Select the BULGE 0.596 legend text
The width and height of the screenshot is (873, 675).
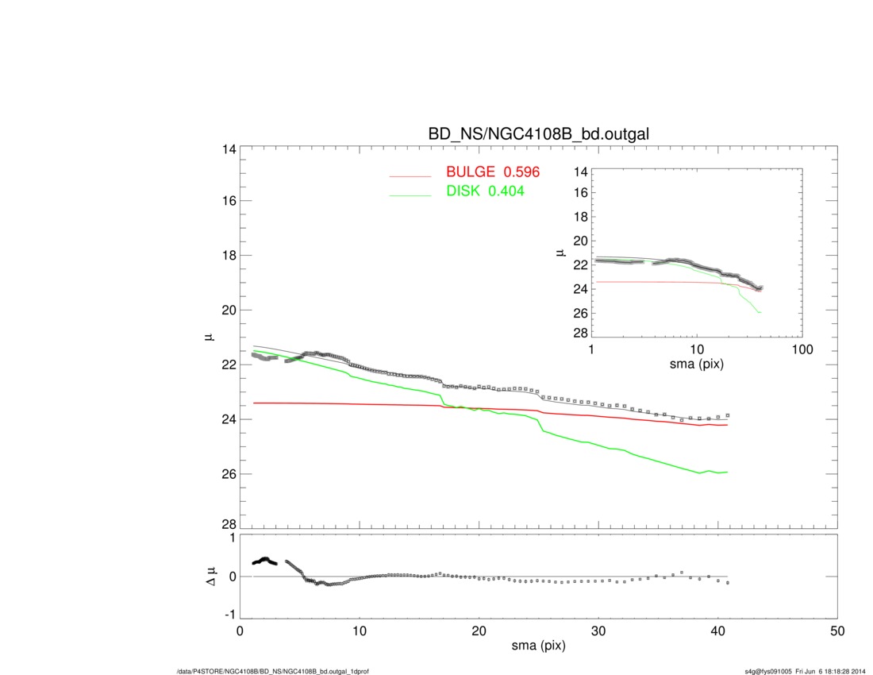(486, 172)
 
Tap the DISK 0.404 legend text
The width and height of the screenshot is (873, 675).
(485, 191)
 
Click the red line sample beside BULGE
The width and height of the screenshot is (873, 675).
(410, 175)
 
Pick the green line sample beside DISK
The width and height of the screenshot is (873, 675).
(410, 195)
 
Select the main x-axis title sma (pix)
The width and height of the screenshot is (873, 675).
(538, 646)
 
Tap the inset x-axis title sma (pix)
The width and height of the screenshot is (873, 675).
(697, 364)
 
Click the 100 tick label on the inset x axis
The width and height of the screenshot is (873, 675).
(802, 350)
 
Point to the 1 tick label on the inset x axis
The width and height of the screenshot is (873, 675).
(592, 350)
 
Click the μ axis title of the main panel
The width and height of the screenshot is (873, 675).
(210, 337)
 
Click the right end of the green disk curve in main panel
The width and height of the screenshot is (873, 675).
(727, 472)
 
